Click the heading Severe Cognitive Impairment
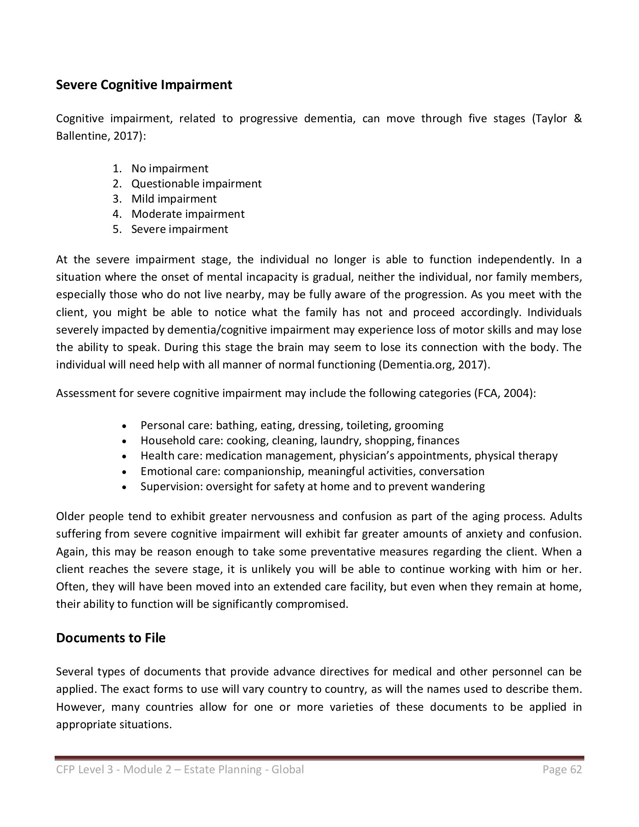[144, 85]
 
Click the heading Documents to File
[110, 638]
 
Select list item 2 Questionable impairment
[196, 184]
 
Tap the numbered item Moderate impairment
[187, 214]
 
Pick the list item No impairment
[170, 169]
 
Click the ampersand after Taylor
[578, 119]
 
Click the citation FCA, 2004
[503, 394]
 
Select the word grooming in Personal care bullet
[419, 425]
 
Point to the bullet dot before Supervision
[124, 487]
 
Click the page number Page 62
[562, 770]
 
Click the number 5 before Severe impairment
[116, 229]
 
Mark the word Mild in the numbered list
[143, 199]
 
